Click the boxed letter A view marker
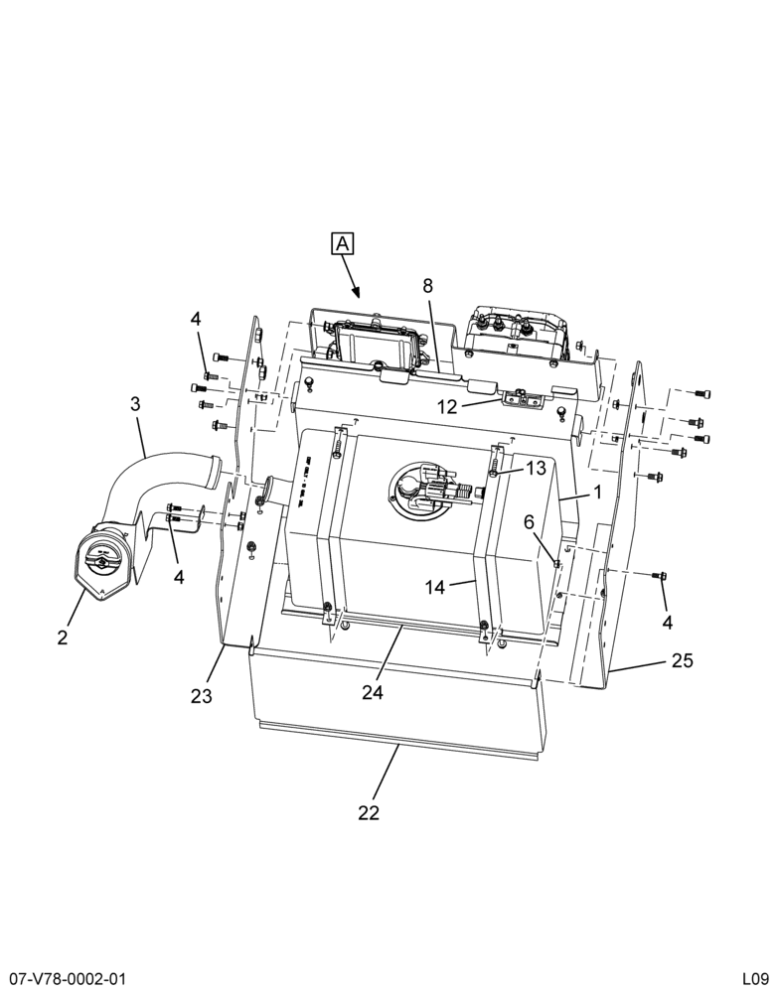click(x=342, y=244)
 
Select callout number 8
click(x=428, y=286)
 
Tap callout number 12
click(x=447, y=406)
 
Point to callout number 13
click(x=536, y=468)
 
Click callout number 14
click(x=435, y=588)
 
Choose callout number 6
click(x=530, y=522)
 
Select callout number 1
click(x=597, y=492)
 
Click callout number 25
click(x=683, y=660)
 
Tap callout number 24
click(x=373, y=693)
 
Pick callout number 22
click(x=369, y=812)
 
